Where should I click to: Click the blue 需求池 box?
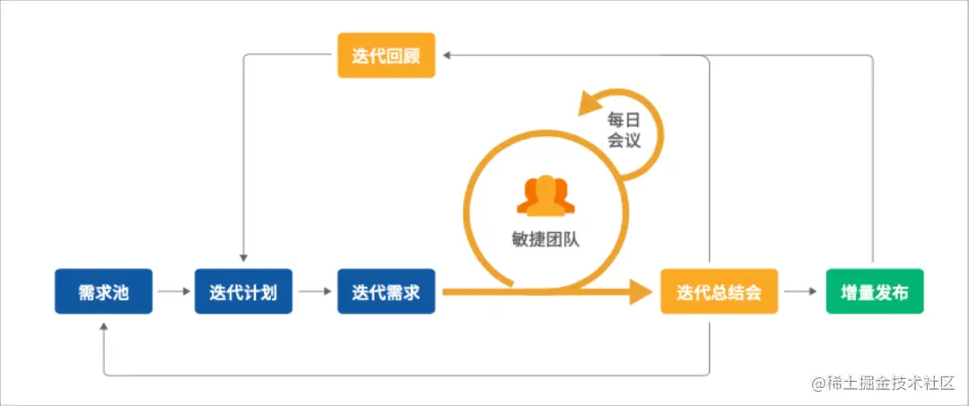click(103, 291)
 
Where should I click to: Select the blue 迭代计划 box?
click(242, 291)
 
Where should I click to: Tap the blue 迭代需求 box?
click(386, 291)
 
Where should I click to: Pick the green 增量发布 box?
click(874, 291)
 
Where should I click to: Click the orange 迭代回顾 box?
click(386, 56)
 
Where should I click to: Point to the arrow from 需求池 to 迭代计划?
click(173, 291)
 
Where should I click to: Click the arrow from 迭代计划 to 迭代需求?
click(314, 291)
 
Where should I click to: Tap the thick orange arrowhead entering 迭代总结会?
click(640, 291)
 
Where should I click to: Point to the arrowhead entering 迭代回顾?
click(450, 56)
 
